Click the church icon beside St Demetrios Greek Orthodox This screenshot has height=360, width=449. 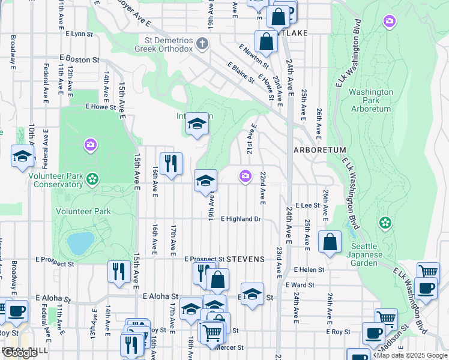(202, 43)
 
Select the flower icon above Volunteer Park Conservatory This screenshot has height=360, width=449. (92, 179)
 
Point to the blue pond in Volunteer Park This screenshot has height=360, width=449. (80, 243)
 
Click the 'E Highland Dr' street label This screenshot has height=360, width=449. (241, 219)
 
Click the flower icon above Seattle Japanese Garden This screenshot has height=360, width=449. (385, 223)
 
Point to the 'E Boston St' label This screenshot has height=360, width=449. (79, 60)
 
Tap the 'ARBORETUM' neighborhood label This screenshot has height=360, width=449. (319, 150)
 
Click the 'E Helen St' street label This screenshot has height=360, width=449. (309, 270)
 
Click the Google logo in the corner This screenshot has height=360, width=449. (19, 353)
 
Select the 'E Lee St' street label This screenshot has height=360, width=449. (306, 205)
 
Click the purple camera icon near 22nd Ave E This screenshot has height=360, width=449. (245, 176)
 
